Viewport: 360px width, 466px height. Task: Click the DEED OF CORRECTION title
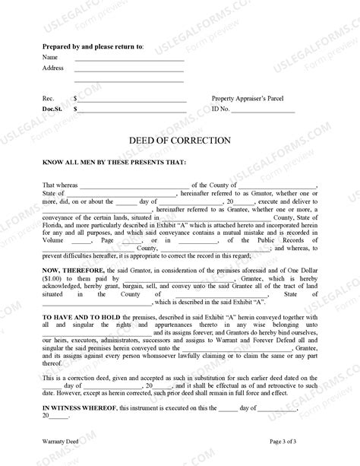pos(179,140)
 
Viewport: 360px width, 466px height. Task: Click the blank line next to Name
pos(129,59)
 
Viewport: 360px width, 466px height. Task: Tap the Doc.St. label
pos(53,110)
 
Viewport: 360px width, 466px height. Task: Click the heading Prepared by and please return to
pos(93,47)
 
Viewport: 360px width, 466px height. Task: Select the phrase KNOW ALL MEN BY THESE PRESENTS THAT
pos(109,162)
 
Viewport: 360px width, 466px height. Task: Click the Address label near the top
pos(53,68)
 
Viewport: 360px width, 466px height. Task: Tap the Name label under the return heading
pos(50,57)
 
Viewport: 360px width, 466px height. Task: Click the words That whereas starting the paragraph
pos(59,185)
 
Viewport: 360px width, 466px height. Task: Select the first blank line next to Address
pos(129,70)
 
